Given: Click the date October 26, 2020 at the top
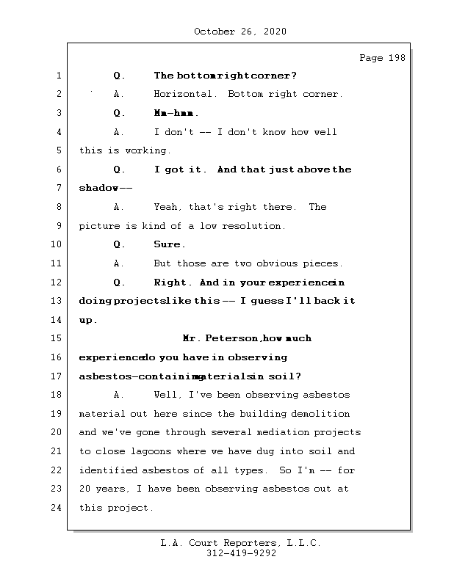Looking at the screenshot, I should point(239,32).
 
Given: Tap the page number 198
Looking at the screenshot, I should point(394,58).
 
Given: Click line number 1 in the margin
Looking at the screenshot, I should point(57,76).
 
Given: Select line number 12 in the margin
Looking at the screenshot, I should point(57,282).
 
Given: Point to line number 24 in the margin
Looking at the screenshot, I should point(57,508).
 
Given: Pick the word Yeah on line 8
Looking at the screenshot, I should point(166,208).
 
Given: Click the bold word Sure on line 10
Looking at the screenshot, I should point(168,245).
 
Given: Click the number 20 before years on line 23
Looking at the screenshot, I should point(85,489).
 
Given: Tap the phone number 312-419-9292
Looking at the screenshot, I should point(241,554).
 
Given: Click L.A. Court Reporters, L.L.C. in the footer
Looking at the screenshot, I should point(241,544).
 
